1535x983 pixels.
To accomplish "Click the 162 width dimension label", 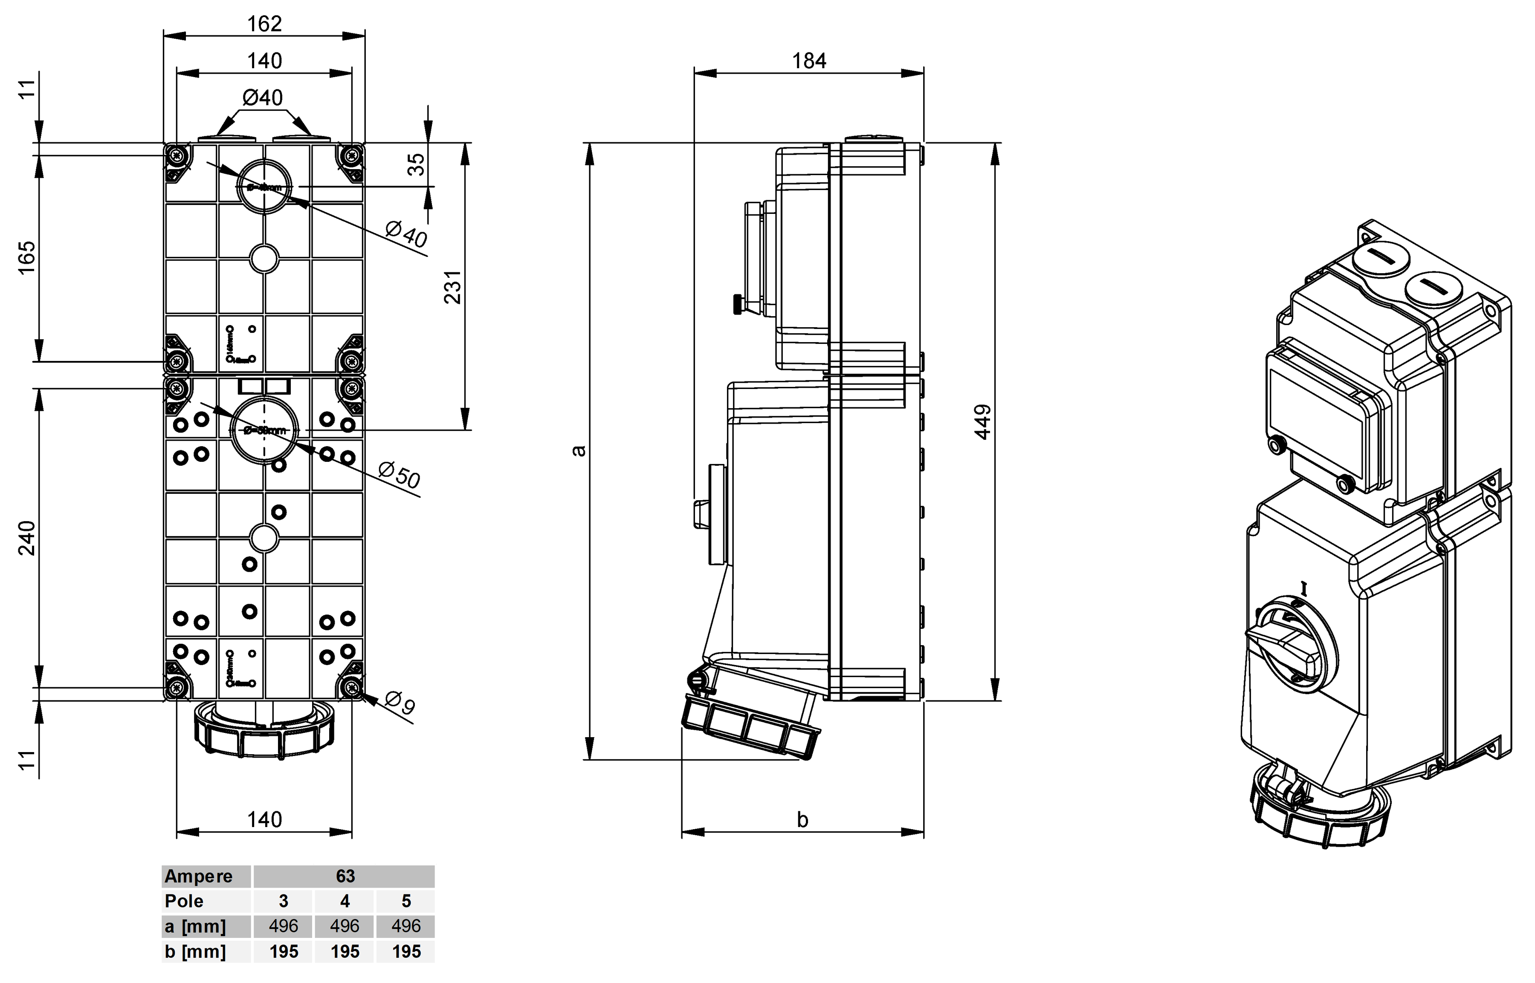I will (x=264, y=23).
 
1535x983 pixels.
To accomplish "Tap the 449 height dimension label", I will (x=984, y=422).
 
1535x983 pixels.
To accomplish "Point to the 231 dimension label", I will (x=452, y=287).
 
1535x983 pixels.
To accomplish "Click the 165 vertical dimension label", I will (x=27, y=258).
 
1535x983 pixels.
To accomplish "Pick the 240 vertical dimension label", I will (x=27, y=538).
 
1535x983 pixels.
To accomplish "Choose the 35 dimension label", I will (x=416, y=164).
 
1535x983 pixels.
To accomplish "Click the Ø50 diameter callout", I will (x=399, y=476).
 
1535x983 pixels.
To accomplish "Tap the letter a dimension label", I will (x=579, y=451).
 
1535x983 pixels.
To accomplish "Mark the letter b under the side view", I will (x=802, y=819).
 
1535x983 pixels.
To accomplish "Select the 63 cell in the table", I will (x=345, y=876).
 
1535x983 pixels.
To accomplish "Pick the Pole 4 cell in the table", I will (x=345, y=901).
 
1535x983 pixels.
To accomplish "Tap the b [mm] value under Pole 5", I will (x=406, y=952).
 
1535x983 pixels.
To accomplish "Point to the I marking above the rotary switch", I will (x=1304, y=588).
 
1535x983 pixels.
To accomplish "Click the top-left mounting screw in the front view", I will (x=176, y=155).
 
